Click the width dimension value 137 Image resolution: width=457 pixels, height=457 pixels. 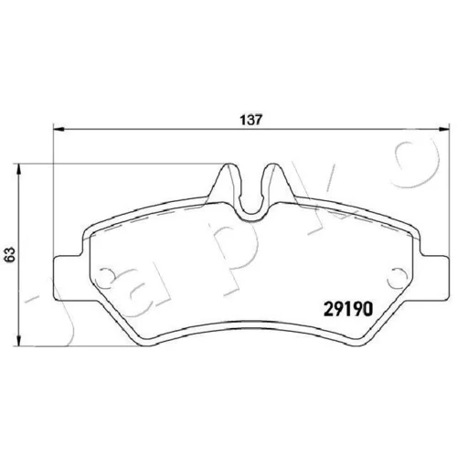(250, 120)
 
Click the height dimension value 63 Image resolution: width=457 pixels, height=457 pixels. (11, 253)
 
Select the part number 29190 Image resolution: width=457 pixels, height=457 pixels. (347, 309)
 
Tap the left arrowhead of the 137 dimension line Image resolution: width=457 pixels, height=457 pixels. (59, 130)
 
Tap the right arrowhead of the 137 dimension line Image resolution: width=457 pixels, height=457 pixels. (443, 130)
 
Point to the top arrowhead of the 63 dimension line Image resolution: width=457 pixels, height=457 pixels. (19, 169)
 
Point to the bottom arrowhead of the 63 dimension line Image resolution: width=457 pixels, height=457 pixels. (19, 340)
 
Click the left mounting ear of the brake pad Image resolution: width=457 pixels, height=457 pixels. (68, 277)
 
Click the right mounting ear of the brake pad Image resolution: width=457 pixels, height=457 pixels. (435, 277)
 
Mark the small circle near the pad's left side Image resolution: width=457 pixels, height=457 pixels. (105, 276)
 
